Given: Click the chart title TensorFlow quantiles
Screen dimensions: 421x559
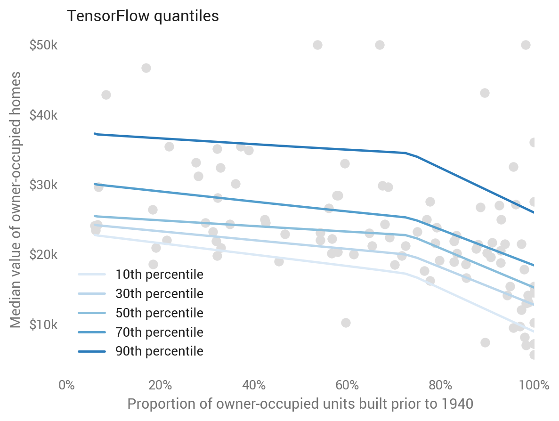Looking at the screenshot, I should point(143,16).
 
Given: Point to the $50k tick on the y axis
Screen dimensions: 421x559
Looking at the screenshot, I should point(43,46).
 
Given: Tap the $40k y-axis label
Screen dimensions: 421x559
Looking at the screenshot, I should point(43,115).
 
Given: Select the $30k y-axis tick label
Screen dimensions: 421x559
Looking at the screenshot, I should point(43,185).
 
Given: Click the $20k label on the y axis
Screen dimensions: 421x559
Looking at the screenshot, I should point(43,255).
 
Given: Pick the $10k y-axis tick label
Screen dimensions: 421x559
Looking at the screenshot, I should point(43,324).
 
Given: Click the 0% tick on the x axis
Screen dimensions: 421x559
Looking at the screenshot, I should point(66,385).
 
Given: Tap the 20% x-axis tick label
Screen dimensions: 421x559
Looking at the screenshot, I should point(160,385).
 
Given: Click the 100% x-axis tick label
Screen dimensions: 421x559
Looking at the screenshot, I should point(534,385).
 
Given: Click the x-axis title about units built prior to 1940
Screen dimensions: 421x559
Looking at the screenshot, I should point(300,404).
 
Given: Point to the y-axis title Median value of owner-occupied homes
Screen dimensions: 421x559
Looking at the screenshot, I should point(16,200).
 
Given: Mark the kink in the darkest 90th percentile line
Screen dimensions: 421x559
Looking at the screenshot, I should point(405,153).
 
